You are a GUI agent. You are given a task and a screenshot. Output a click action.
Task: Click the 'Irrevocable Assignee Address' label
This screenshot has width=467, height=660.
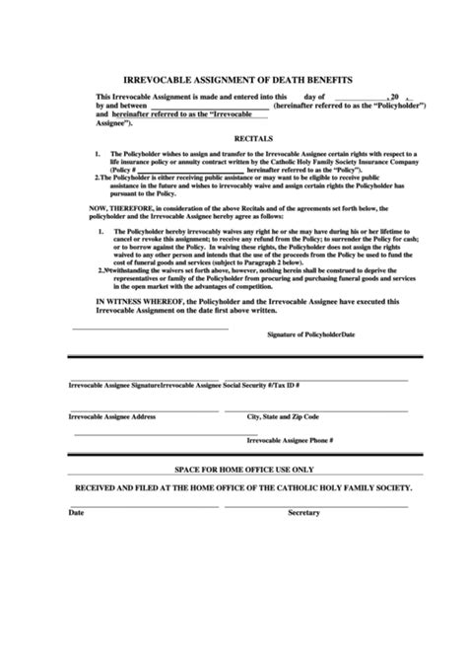pos(111,416)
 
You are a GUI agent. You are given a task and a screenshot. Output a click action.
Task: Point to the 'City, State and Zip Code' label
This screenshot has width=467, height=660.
pos(287,416)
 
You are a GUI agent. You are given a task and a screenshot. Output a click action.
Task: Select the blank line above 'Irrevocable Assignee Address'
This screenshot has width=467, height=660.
pos(148,408)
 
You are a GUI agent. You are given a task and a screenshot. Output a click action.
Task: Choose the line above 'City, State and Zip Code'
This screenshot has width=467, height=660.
pos(325,408)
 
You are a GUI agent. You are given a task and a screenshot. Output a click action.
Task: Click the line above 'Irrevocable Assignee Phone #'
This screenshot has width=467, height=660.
pos(325,430)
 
